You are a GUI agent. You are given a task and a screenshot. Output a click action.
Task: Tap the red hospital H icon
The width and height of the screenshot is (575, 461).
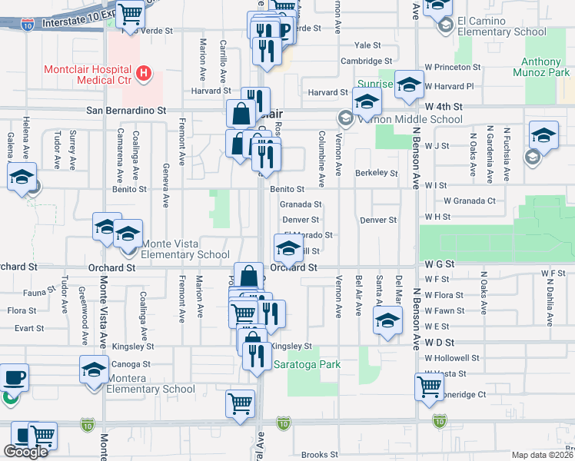coord(143,74)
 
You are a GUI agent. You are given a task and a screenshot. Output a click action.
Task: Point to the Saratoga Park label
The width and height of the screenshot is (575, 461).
coord(307,365)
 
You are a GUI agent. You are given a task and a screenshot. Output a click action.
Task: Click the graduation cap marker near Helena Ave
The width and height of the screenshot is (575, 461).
coord(22,177)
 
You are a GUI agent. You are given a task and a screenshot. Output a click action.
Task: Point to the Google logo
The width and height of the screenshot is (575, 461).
coord(25,451)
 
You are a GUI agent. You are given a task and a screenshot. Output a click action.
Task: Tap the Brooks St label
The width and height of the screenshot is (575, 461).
coord(321,455)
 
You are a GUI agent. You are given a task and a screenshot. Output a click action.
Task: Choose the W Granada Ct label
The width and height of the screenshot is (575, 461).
coord(469,201)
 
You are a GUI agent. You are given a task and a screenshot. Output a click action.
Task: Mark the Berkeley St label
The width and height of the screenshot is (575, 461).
coord(376,173)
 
